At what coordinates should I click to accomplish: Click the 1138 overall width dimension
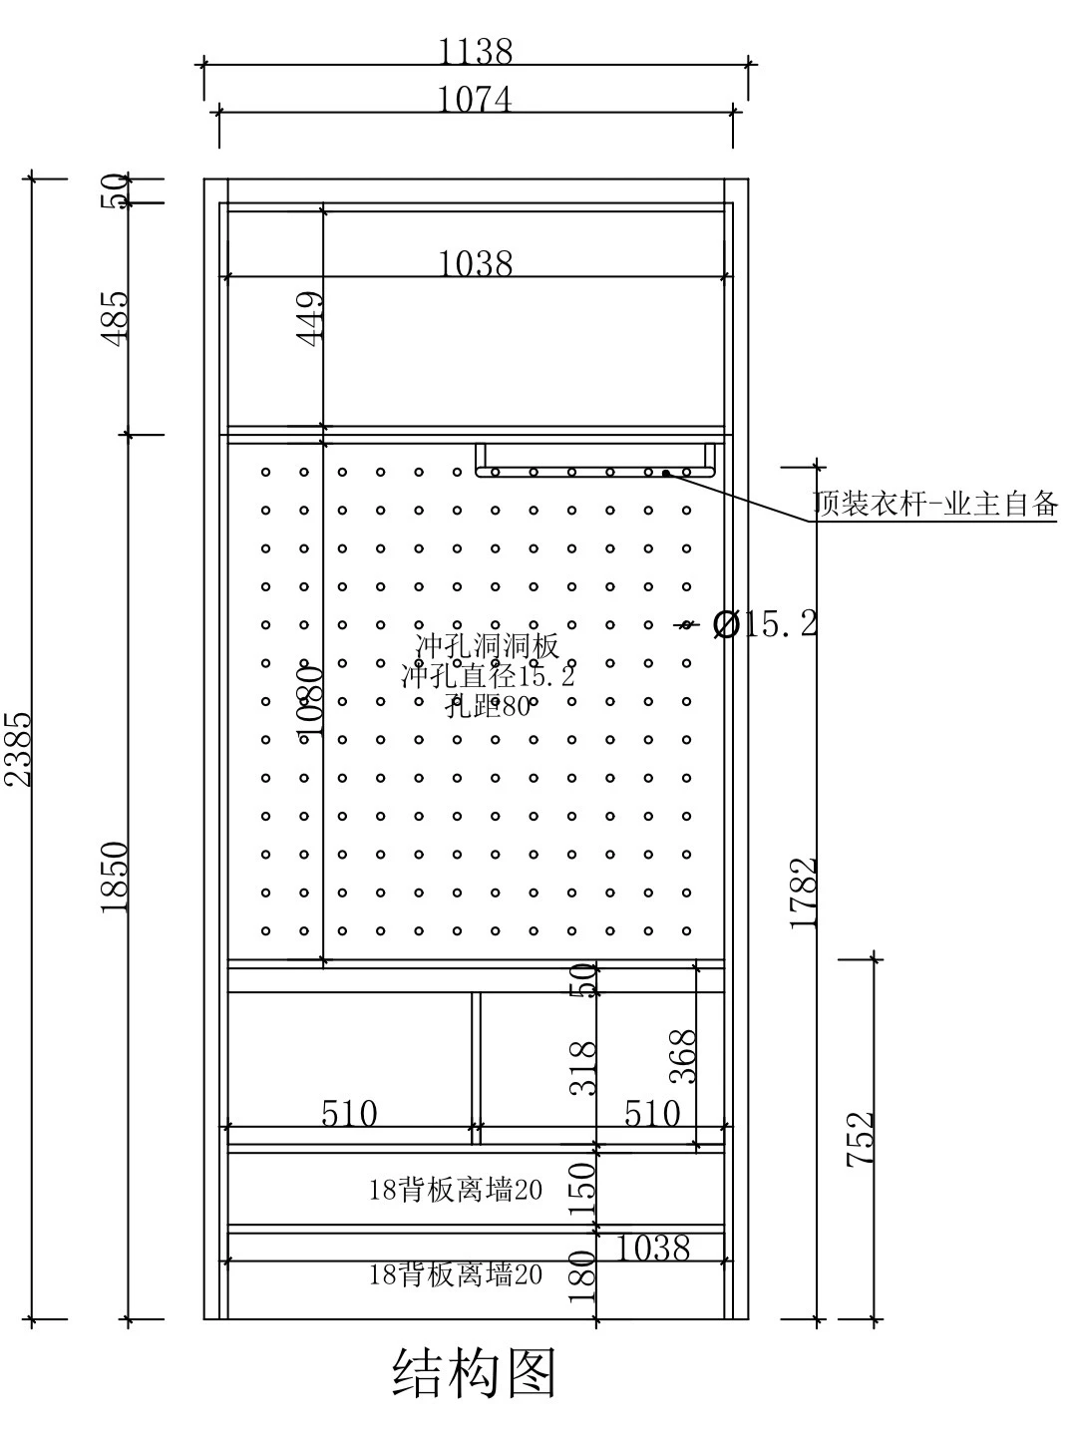tap(475, 51)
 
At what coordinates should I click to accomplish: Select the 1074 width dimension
tap(475, 100)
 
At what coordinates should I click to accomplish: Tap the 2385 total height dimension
tap(18, 749)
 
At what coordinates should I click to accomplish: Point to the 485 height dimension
tap(115, 318)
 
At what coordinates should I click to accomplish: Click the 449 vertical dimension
tap(310, 318)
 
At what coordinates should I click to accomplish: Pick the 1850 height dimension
tap(115, 878)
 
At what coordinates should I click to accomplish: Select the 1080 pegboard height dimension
tap(310, 701)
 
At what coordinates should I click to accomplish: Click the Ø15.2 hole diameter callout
tap(764, 625)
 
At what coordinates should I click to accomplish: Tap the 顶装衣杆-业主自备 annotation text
tap(935, 504)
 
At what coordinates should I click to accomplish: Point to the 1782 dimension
tap(804, 893)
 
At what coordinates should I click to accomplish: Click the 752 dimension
tap(860, 1139)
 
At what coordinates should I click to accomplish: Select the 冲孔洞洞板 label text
tap(488, 645)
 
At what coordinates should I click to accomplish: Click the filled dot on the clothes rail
tap(666, 474)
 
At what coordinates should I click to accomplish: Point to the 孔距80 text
tap(488, 705)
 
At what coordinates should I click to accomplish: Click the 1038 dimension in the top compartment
tap(475, 263)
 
